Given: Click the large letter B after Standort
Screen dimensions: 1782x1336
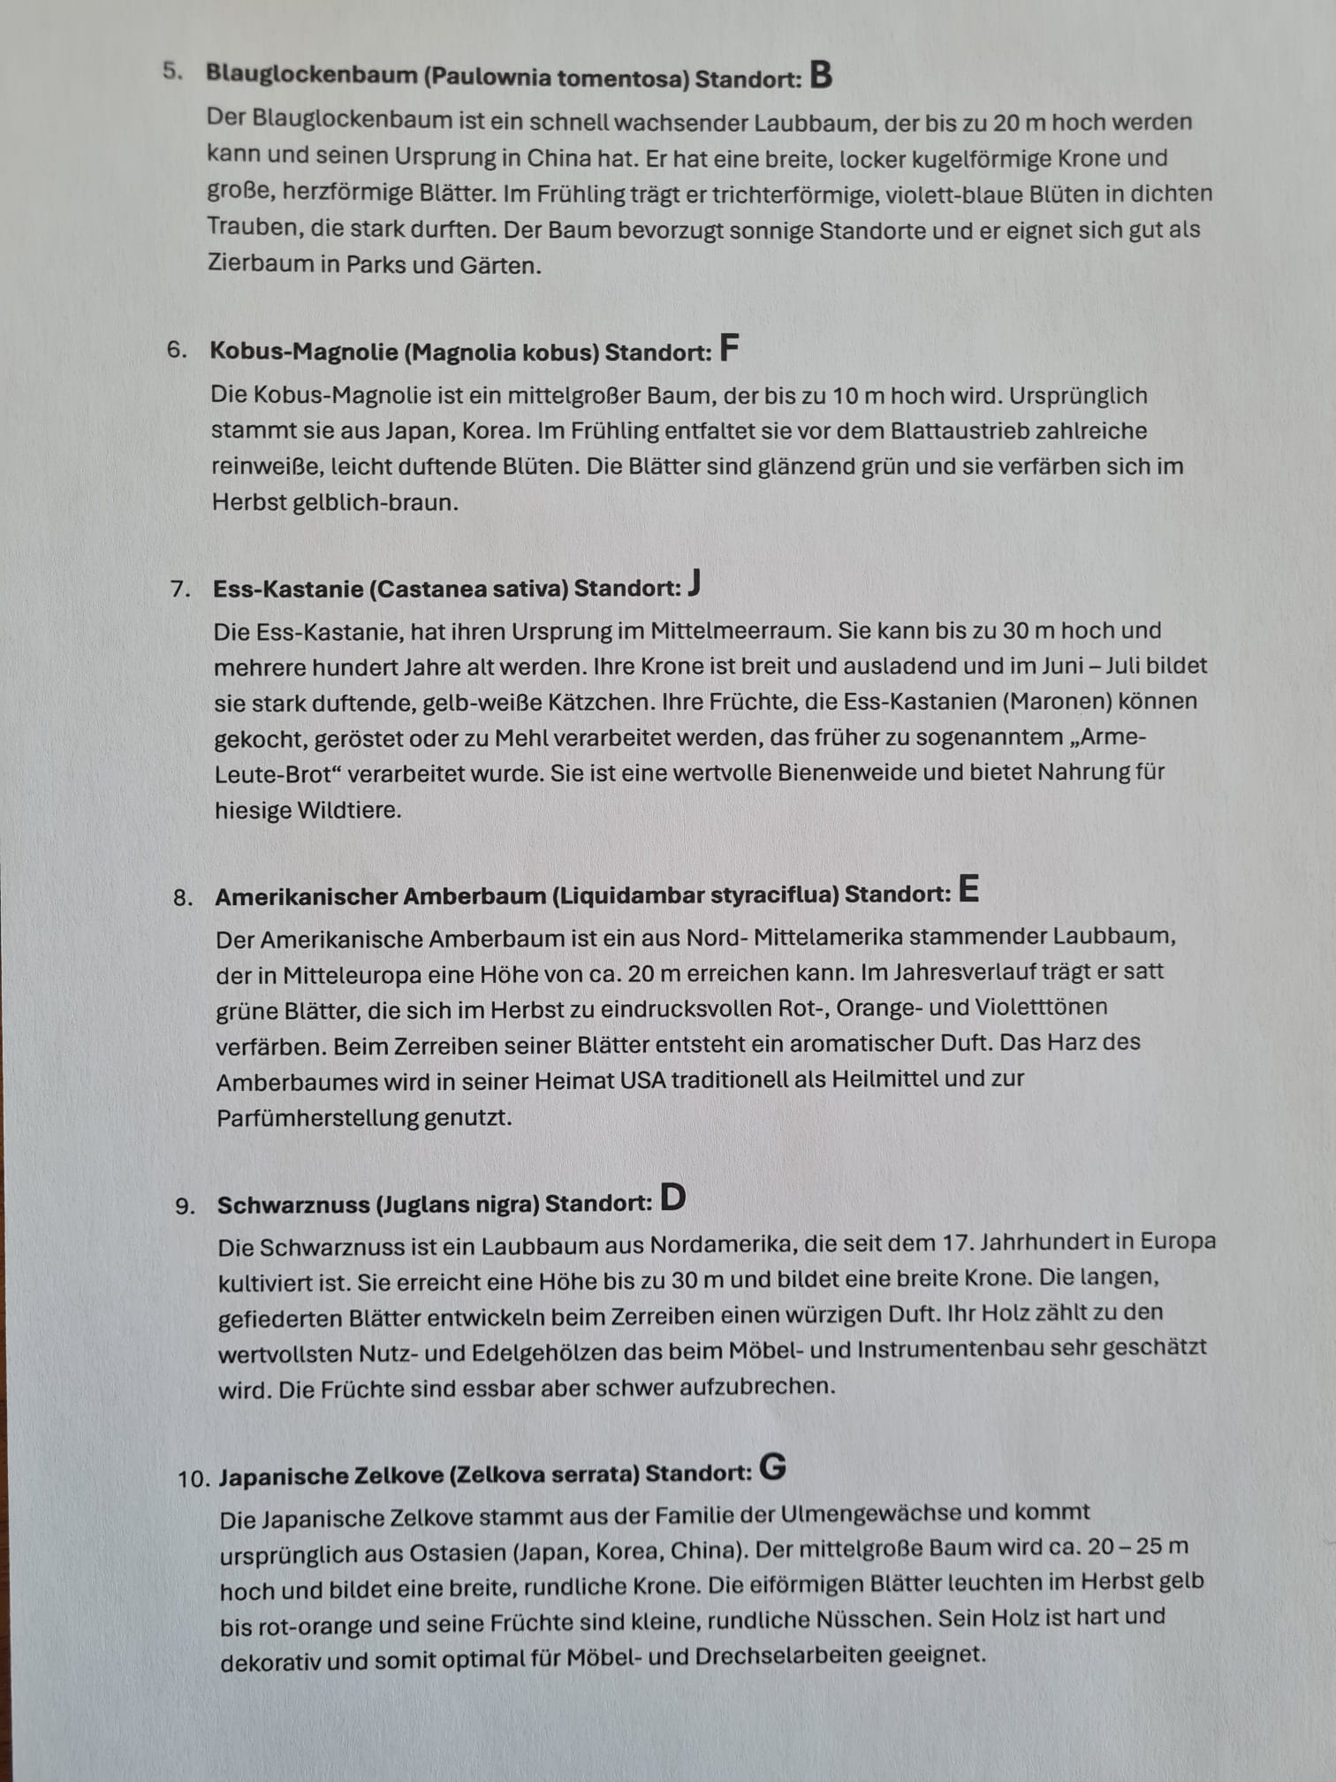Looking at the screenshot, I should pyautogui.click(x=821, y=75).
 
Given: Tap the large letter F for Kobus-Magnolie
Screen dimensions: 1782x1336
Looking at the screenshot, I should pyautogui.click(x=729, y=348).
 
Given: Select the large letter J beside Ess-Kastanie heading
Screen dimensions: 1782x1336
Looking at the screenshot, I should pyautogui.click(x=695, y=583).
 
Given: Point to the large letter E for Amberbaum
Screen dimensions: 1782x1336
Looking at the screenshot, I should pyautogui.click(x=968, y=888).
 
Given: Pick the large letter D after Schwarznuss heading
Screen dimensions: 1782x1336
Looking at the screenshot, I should pyautogui.click(x=673, y=1198).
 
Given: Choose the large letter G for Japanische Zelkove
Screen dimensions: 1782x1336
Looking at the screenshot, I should pyautogui.click(x=772, y=1468).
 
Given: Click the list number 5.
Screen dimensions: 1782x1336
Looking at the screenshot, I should pyautogui.click(x=172, y=72).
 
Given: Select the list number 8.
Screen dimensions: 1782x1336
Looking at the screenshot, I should pyautogui.click(x=183, y=899).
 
